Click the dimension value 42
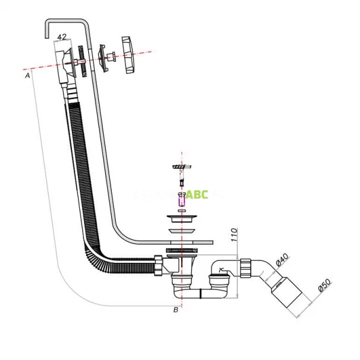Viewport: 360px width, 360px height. pos(61,37)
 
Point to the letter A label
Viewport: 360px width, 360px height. pos(28,76)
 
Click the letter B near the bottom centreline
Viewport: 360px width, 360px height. pos(176,310)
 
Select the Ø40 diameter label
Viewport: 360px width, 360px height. pos(282,260)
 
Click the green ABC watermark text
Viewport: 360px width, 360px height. pos(197,194)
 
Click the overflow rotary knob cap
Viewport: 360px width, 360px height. pos(131,56)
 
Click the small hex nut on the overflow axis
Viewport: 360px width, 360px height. pos(111,58)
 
